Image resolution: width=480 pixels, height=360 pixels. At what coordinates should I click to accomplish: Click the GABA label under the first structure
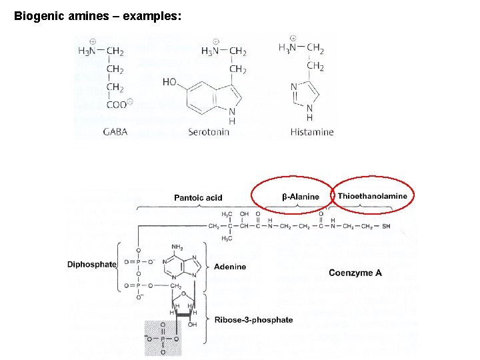coord(115,132)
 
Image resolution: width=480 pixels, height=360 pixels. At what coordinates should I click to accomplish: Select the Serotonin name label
coord(209,132)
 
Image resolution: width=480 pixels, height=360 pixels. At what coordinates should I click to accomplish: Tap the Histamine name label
coord(312,132)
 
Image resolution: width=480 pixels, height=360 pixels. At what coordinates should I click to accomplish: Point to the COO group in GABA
coord(117,104)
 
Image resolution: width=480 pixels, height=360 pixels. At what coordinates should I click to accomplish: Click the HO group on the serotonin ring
coord(169,82)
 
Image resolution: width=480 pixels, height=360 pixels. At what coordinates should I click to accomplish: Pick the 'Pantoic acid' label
coord(198,197)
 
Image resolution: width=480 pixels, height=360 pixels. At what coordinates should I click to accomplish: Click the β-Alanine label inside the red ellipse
coord(301,197)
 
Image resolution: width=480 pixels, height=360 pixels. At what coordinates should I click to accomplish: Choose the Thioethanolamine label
coord(372,196)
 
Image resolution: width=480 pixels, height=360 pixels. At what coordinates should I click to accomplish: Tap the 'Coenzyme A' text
coord(355,273)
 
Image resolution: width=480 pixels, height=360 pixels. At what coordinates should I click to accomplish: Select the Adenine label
coord(230,267)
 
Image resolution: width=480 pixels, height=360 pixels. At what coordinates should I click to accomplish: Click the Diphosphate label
coord(91,264)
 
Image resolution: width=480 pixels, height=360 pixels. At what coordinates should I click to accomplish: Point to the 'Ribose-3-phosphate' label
coord(253,320)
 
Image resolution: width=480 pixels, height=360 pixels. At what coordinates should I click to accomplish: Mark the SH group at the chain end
coord(386,226)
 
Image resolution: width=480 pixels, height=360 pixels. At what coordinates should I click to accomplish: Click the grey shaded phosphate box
coord(163,338)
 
